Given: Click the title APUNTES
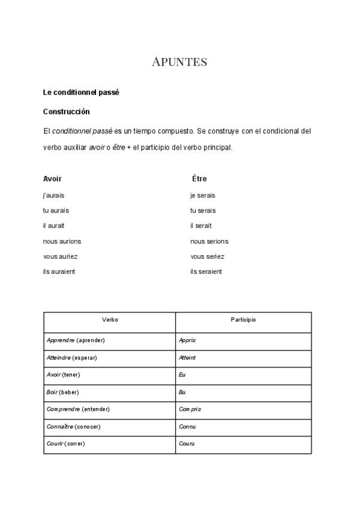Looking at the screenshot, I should pyautogui.click(x=179, y=62).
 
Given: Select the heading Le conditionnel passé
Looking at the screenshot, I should pyautogui.click(x=81, y=92).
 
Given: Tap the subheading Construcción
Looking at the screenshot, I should pyautogui.click(x=66, y=112).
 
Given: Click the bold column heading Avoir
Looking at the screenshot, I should pyautogui.click(x=52, y=179).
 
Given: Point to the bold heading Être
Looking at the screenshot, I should pyautogui.click(x=199, y=179).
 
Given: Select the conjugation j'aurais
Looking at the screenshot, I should pyautogui.click(x=53, y=195).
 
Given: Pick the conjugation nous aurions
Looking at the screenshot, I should pyautogui.click(x=62, y=241).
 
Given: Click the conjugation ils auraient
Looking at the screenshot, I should pyautogui.click(x=59, y=271).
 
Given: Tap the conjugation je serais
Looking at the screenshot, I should pyautogui.click(x=202, y=195).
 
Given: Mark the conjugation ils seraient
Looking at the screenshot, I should pyautogui.click(x=206, y=271).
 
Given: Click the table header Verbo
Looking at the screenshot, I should pyautogui.click(x=110, y=320).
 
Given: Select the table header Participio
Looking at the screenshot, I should pyautogui.click(x=243, y=320).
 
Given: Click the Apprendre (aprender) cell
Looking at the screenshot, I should pyautogui.click(x=76, y=340).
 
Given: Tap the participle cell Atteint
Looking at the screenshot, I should pyautogui.click(x=187, y=358).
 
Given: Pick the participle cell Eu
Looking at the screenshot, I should pyautogui.click(x=182, y=375).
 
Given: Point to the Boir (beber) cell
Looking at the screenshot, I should pyautogui.click(x=62, y=392).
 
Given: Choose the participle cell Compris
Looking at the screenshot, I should pyautogui.click(x=190, y=409).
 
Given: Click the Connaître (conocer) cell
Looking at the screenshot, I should pyautogui.click(x=73, y=426).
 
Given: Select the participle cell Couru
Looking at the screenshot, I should pyautogui.click(x=187, y=444).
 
